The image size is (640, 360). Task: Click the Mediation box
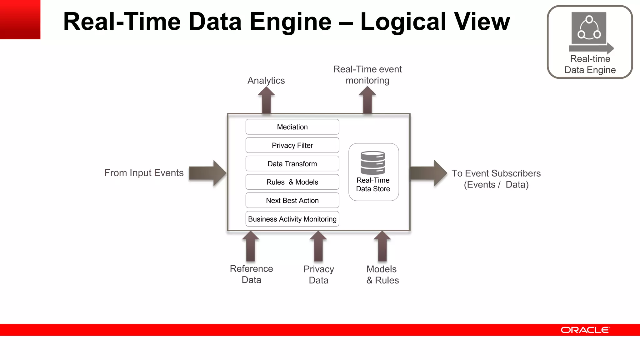coord(292,127)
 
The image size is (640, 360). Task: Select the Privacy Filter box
coord(292,145)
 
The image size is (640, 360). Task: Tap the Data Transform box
coord(292,164)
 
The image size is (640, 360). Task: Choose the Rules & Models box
coord(292,182)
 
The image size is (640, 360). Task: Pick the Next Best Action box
coord(292,201)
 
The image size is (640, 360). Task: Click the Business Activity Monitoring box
coord(292,219)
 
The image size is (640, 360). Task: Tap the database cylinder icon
coord(372,162)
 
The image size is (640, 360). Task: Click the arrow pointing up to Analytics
coord(266,100)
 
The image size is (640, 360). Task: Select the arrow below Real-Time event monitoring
coord(367,100)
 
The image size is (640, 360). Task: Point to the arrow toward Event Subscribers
coord(428,173)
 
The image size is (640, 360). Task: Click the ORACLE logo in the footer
coord(585,330)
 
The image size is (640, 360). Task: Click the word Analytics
coord(266,81)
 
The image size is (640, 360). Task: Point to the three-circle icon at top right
coord(589,28)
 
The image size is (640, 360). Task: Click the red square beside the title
coord(20,19)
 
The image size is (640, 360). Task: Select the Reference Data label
coord(251,274)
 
